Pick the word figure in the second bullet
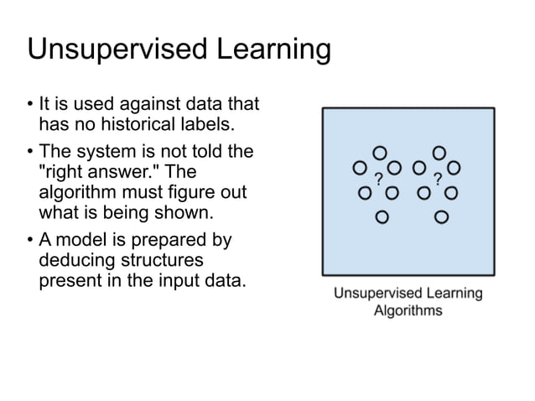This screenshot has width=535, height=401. (195, 192)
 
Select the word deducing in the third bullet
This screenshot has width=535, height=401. (75, 260)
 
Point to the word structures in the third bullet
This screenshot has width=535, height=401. (164, 260)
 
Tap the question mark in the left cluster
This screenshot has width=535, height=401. (378, 179)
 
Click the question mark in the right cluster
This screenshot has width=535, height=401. (438, 179)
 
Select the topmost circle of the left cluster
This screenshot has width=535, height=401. (380, 153)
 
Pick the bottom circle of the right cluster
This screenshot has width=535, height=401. (441, 217)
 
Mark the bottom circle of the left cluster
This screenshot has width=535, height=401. (382, 217)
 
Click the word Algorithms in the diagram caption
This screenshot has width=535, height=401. (408, 310)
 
